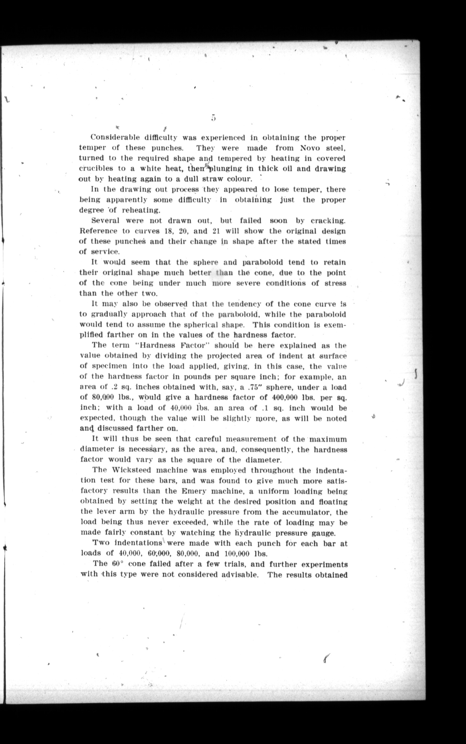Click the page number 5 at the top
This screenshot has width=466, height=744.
213,118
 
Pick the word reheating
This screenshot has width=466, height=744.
141,210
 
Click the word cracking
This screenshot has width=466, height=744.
328,221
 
